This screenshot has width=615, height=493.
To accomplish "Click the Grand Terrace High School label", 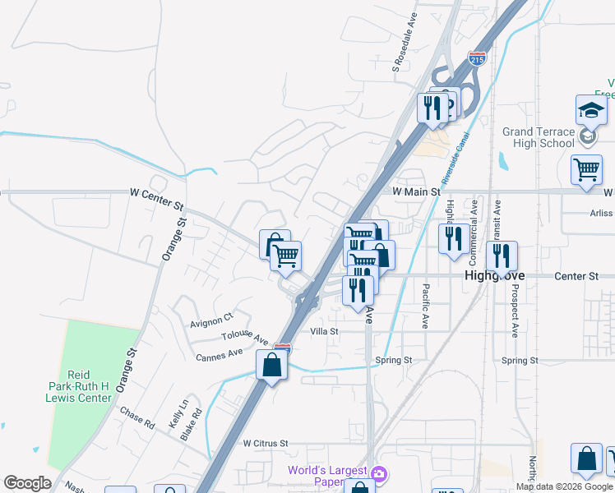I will coord(539,137).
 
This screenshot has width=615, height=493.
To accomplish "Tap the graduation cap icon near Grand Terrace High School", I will coord(591,110).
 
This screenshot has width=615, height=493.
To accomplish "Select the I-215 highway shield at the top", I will coord(478,58).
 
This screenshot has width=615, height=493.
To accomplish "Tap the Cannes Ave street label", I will coord(220,355).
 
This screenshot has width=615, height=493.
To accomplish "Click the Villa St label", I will coord(324,331).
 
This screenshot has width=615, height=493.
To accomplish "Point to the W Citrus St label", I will coord(266,443).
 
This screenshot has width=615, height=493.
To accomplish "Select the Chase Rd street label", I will coord(137,417).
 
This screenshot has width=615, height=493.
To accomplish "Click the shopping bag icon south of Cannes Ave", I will coord(272,365).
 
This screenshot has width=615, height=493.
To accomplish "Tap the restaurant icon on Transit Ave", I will coord(501,256).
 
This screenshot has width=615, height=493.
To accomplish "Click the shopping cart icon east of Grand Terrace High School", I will coord(586,170).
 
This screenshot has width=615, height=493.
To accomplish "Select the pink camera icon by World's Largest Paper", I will coord(378,473).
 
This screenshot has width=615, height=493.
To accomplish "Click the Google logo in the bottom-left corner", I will coord(27,483).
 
